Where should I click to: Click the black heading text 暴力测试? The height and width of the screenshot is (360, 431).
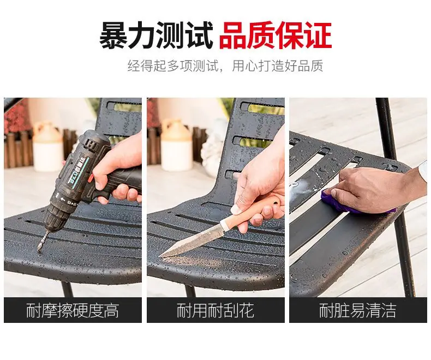[156, 36]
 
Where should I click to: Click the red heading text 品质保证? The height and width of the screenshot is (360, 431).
[275, 36]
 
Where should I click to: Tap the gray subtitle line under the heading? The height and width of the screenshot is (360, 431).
[225, 66]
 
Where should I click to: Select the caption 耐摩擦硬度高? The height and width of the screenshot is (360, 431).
[73, 310]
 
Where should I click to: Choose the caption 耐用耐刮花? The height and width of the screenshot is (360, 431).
[215, 310]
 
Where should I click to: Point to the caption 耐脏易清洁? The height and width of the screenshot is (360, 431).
[357, 310]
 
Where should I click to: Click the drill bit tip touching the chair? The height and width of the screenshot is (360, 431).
[39, 249]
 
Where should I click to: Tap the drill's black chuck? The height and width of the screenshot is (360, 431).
[56, 217]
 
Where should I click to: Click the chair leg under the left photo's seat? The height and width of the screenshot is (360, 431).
[67, 290]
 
